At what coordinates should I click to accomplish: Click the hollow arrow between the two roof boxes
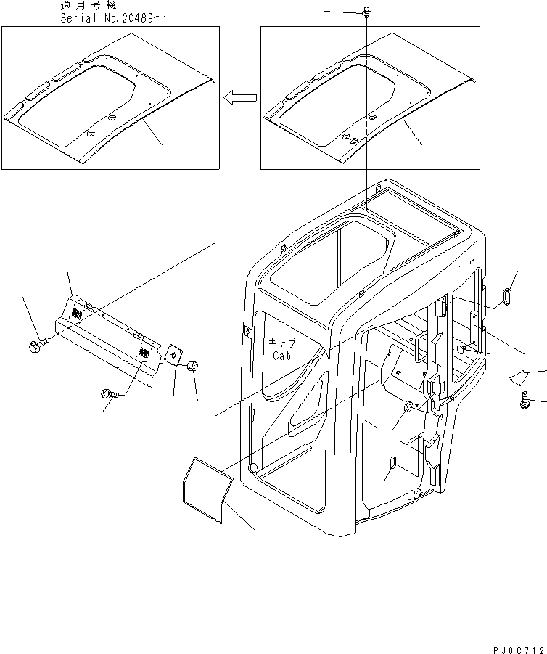coord(239,97)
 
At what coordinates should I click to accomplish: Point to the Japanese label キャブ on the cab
coord(284,343)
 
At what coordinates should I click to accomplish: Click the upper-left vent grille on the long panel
coord(77,313)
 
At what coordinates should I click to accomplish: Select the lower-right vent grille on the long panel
coord(144,353)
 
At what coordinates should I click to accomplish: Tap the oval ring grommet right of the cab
coord(505,298)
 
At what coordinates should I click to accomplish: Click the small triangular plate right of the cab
coord(517,377)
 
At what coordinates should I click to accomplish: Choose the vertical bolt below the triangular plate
coord(525,401)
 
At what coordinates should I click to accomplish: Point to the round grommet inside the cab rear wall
coord(409,406)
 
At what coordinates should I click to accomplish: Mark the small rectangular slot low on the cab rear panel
coord(392,464)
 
